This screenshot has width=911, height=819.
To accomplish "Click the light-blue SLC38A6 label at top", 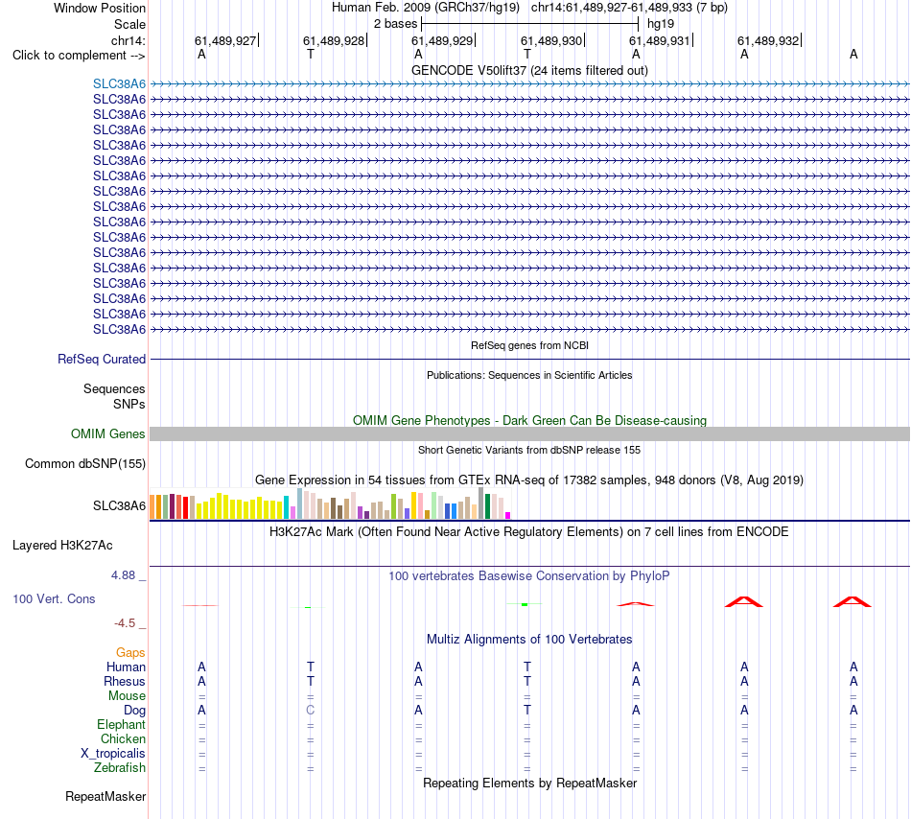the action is (x=119, y=83).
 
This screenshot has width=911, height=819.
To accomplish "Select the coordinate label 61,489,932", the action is (x=768, y=40).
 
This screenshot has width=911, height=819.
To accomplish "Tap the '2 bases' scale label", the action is (x=395, y=24).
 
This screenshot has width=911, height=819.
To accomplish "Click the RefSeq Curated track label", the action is (x=102, y=359).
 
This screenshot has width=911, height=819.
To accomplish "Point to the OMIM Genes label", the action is (x=108, y=433).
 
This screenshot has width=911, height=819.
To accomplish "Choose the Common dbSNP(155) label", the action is (x=85, y=463).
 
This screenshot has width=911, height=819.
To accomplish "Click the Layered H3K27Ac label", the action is (x=62, y=546).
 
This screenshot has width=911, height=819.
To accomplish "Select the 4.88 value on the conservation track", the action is (x=123, y=575).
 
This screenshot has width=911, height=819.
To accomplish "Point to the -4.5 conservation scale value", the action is (x=125, y=623).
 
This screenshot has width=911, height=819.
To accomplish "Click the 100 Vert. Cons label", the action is (x=54, y=598).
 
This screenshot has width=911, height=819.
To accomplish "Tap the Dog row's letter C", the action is (x=311, y=710).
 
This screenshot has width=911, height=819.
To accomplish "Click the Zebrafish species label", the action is (x=120, y=767).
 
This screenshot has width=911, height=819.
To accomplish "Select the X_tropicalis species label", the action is (x=113, y=754).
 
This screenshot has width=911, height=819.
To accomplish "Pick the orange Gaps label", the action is (x=130, y=653).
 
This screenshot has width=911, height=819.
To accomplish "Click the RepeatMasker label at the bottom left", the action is (x=105, y=796).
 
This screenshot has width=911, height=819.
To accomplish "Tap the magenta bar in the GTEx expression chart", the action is (x=508, y=515).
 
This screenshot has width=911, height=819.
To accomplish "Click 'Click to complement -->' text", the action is (x=79, y=56).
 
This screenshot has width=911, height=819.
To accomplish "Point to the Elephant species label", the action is (x=122, y=724).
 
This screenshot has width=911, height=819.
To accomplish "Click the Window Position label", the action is (x=100, y=8).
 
